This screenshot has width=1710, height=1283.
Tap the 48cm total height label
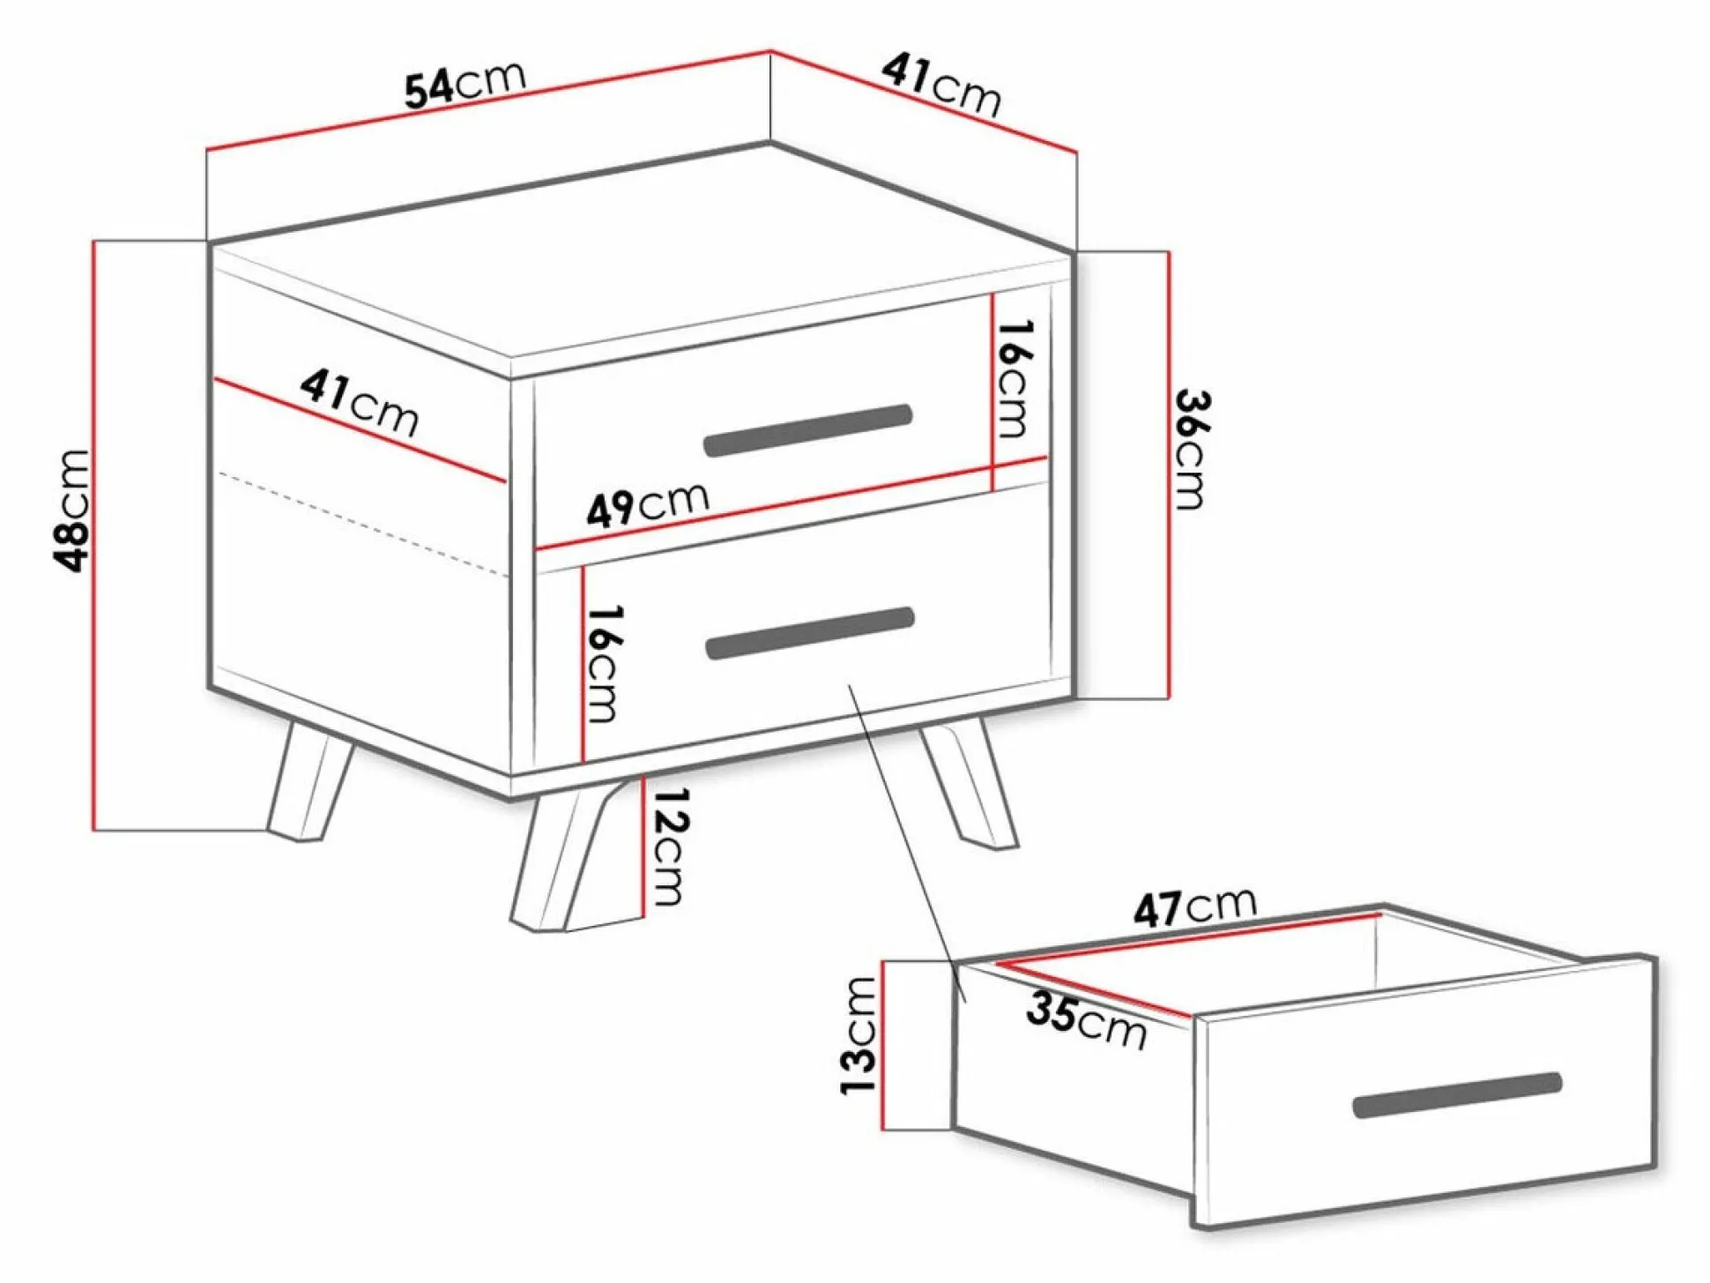click(x=74, y=511)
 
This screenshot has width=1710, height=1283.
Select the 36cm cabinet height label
click(x=1193, y=449)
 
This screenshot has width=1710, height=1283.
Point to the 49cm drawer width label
click(x=648, y=504)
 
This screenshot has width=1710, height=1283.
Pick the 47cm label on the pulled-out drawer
click(x=1195, y=907)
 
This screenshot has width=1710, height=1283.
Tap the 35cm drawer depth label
click(x=1087, y=1021)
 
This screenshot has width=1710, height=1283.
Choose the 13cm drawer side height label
click(x=859, y=1035)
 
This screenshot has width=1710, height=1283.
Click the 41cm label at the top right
click(x=942, y=85)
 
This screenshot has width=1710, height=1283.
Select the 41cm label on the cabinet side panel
click(x=359, y=403)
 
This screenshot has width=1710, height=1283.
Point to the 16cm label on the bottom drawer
click(x=603, y=663)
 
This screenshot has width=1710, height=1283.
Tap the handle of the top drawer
click(x=807, y=430)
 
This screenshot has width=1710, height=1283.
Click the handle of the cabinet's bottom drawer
click(x=810, y=633)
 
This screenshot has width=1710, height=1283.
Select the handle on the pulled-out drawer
click(x=1458, y=1095)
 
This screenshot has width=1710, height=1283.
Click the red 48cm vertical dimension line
click(x=93, y=534)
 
